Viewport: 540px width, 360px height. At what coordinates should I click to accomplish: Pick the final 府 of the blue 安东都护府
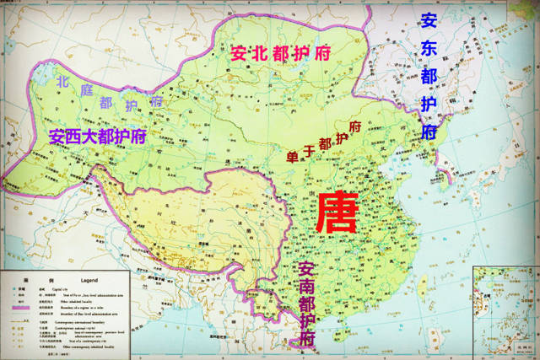tap(429, 132)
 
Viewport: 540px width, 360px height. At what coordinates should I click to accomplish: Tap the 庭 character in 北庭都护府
tap(84, 93)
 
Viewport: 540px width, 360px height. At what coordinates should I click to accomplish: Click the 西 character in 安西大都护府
tap(75, 135)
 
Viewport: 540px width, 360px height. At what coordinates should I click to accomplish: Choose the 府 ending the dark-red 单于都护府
tap(355, 127)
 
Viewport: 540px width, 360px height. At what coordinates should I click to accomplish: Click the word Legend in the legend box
tap(90, 278)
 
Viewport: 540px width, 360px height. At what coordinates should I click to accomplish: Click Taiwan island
tap(420, 284)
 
